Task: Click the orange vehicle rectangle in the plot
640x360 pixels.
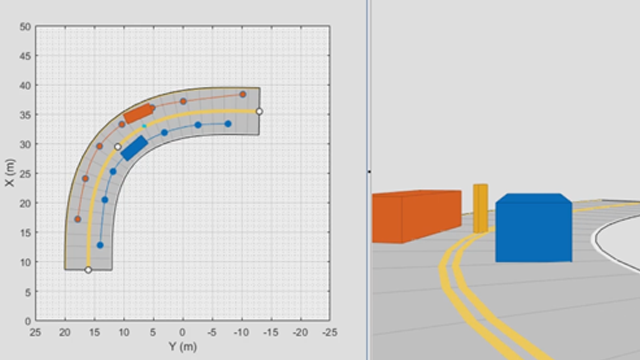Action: coord(139,113)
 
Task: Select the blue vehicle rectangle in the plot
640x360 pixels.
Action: coord(134,148)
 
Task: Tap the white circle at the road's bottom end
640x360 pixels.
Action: coord(88,270)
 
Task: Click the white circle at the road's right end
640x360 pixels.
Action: coord(259,111)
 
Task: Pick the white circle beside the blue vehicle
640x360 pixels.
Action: coord(118,147)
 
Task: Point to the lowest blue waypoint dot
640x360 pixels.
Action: coord(100,245)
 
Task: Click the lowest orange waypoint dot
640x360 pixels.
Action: coord(78,219)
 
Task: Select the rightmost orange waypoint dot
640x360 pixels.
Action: coord(243,94)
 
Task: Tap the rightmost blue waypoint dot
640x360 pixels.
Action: coord(228,124)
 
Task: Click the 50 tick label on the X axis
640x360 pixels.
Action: coord(25,27)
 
